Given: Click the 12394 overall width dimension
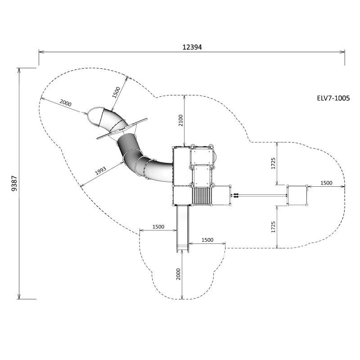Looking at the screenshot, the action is click(192, 47).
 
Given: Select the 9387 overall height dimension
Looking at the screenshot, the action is click(14, 184).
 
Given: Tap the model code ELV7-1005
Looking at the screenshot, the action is click(333, 98).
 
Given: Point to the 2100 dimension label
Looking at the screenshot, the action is click(181, 120).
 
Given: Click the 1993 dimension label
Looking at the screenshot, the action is click(100, 171).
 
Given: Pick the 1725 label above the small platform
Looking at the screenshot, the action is click(273, 163).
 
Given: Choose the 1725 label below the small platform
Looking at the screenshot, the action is click(273, 227).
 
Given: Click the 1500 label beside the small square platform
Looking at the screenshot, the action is click(326, 183).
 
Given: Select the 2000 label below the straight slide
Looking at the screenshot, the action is click(178, 274).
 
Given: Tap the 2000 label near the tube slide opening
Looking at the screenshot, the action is click(65, 103).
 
